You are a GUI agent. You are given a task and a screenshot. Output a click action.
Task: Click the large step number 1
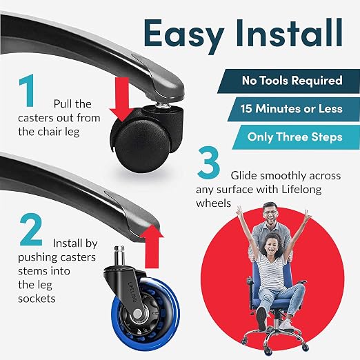28,90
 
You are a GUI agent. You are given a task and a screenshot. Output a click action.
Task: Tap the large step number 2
31,229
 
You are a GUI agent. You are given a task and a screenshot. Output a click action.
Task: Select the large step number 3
208,163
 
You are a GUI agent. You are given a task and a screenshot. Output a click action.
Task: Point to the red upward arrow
152,246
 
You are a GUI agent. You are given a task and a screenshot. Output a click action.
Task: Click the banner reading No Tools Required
289,81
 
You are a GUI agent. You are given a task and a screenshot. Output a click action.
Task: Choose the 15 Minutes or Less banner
294,109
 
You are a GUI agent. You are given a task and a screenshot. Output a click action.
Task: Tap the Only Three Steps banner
296,137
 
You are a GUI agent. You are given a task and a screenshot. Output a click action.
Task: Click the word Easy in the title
184,34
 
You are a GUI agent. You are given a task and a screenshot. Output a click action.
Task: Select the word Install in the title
289,32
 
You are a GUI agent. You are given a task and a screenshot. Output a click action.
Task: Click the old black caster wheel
141,146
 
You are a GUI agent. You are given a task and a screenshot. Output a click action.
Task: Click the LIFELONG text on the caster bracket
132,292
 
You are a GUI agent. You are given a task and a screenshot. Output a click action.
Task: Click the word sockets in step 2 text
37,299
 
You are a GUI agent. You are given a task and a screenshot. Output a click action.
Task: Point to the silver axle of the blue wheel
137,313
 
